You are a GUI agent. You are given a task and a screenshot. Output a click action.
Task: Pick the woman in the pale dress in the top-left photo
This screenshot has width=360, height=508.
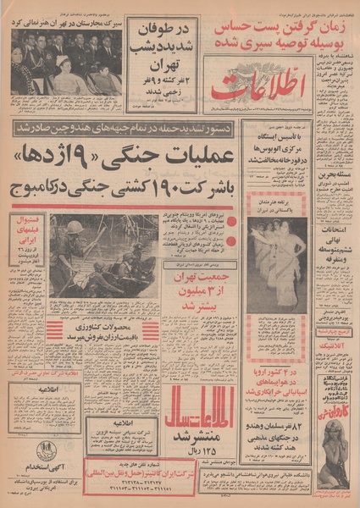[x=64, y=79]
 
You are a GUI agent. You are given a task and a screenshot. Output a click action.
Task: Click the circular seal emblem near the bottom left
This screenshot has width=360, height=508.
[x=45, y=450]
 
